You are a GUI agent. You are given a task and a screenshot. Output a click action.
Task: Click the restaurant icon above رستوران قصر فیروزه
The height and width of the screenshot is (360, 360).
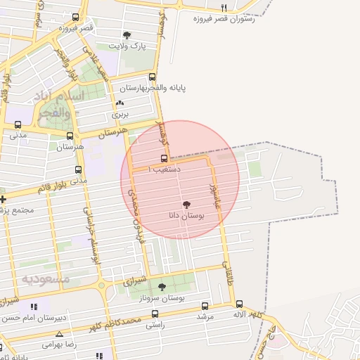tap(224, 8)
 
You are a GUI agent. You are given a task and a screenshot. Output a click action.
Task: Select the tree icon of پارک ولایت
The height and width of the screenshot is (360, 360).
tap(127, 35)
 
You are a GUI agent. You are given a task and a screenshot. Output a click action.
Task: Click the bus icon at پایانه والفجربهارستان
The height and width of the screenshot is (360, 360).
tap(153, 78)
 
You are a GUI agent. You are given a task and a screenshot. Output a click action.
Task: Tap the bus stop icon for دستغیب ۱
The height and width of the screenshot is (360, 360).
tap(165, 158)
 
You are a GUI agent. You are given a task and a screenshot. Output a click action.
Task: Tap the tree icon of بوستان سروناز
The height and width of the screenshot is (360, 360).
tap(162, 286)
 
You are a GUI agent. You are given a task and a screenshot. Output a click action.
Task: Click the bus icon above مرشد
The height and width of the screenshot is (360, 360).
tap(205, 306)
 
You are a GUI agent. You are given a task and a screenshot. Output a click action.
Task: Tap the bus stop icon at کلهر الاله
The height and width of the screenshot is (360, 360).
tap(239, 304)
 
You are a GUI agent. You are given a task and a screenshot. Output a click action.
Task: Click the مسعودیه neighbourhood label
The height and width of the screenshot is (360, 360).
tap(46, 279)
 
